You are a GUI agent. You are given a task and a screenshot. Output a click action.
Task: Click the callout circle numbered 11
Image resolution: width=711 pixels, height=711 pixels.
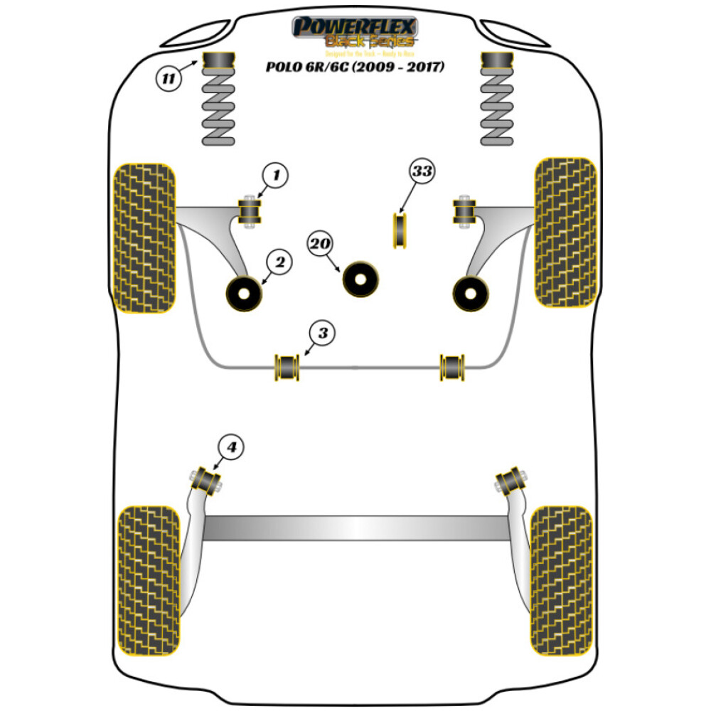click(x=169, y=78)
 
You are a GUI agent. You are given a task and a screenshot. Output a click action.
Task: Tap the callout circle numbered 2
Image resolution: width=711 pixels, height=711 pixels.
click(x=279, y=264)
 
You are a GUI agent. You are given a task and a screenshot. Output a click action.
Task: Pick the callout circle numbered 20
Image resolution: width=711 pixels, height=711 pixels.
click(x=321, y=244)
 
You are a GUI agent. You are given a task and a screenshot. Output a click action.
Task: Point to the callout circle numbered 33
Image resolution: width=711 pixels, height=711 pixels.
click(x=421, y=171)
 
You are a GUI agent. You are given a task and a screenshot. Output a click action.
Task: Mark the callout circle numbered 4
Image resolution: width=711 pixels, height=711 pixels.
click(x=231, y=447)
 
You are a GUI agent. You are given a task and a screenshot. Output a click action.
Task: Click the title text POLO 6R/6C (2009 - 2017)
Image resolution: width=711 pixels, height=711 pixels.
click(x=355, y=68)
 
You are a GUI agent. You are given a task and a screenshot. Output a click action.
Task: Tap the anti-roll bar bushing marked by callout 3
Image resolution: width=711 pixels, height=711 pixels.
click(x=288, y=365)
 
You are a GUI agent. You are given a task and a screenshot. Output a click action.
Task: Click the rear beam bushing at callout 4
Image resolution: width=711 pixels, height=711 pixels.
click(x=208, y=480)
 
